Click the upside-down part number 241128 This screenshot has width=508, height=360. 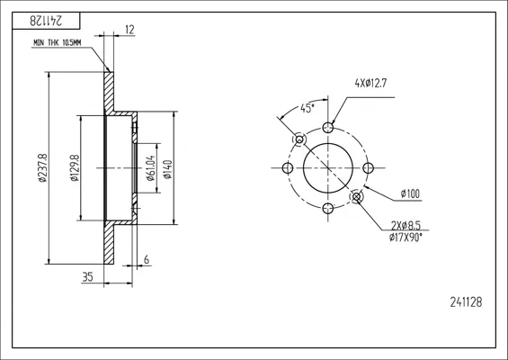point(46,21)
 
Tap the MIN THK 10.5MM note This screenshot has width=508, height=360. point(58,43)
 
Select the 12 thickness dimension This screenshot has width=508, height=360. point(129,30)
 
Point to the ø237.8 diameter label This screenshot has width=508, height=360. point(43,167)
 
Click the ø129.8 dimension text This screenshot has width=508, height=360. point(75,167)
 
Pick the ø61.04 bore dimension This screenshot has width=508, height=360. point(151,168)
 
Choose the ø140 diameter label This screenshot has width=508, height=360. point(168,169)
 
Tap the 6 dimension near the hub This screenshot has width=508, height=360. point(147,260)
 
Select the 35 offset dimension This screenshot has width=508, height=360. point(87,277)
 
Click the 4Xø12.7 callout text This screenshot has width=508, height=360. point(370,84)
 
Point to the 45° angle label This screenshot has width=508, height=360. point(307,108)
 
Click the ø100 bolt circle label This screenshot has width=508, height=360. point(410,193)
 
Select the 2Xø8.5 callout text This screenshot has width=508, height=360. point(406,225)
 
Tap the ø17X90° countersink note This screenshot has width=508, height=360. point(406,238)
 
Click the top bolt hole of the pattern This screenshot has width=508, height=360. point(328,128)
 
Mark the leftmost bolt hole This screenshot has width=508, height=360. point(288,168)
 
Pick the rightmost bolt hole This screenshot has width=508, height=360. point(369,168)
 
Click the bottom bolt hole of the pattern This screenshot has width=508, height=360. point(328,208)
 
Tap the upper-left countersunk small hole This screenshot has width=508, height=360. point(299,139)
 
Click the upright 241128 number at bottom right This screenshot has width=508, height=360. point(466,302)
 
